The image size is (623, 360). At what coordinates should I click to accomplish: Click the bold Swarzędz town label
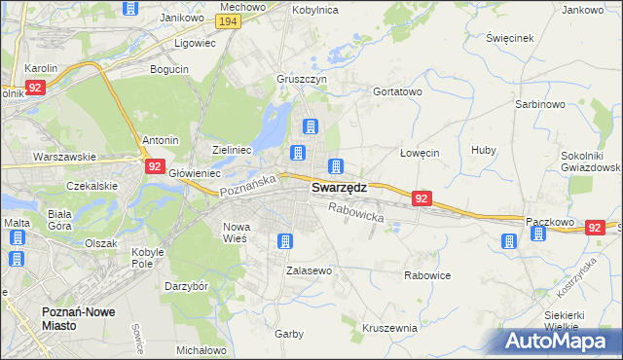339,190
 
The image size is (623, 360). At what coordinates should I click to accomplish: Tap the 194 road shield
229,21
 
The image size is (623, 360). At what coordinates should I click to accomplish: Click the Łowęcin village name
421,153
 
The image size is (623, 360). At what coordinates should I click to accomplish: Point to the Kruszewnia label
389,328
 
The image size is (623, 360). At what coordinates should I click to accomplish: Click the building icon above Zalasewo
285,241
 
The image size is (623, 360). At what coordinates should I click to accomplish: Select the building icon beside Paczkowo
509,240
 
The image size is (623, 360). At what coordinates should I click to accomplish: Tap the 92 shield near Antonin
155,166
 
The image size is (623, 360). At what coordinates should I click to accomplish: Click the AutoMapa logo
556,341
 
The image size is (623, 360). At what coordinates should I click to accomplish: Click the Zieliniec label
233,151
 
